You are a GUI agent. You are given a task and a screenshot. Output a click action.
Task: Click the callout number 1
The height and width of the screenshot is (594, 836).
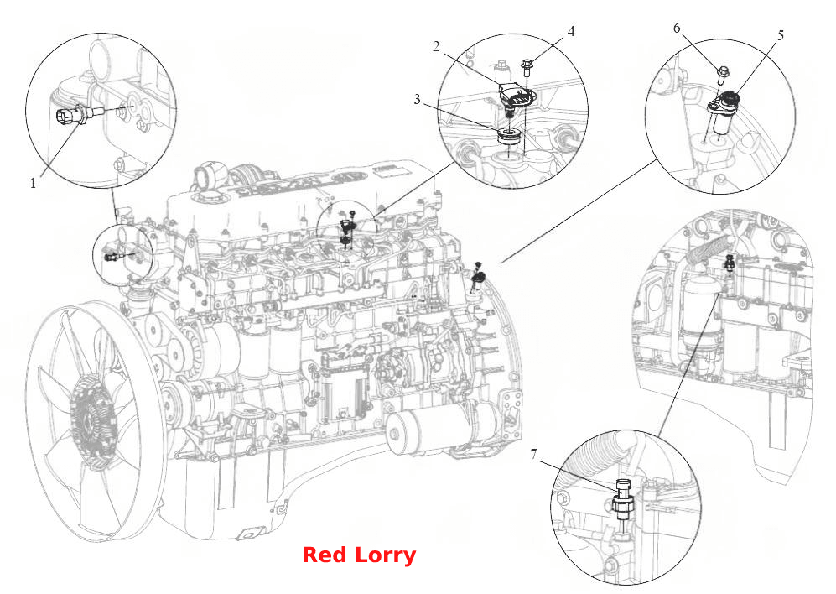[x=33, y=183]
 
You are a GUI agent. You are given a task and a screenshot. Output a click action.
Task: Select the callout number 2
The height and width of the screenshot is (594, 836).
[x=436, y=46]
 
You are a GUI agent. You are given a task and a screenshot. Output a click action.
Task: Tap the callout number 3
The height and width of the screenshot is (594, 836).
[x=417, y=99]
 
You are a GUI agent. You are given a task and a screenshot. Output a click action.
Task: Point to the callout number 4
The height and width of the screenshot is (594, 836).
[x=571, y=32]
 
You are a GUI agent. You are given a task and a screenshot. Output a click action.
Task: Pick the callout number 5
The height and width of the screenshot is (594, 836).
[x=781, y=36]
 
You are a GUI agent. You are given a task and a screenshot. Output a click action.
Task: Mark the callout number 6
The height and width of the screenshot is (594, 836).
[x=677, y=28]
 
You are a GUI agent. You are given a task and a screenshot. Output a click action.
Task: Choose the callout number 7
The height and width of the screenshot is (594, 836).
[x=533, y=454]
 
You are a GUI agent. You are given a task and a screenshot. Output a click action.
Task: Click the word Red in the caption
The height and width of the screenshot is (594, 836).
[x=325, y=555]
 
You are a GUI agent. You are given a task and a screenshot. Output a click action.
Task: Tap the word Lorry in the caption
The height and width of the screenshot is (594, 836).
[x=385, y=556]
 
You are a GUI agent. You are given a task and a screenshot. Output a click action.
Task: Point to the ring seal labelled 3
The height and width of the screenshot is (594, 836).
[x=510, y=136]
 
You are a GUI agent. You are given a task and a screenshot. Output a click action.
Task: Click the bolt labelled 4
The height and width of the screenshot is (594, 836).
[x=527, y=67]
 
